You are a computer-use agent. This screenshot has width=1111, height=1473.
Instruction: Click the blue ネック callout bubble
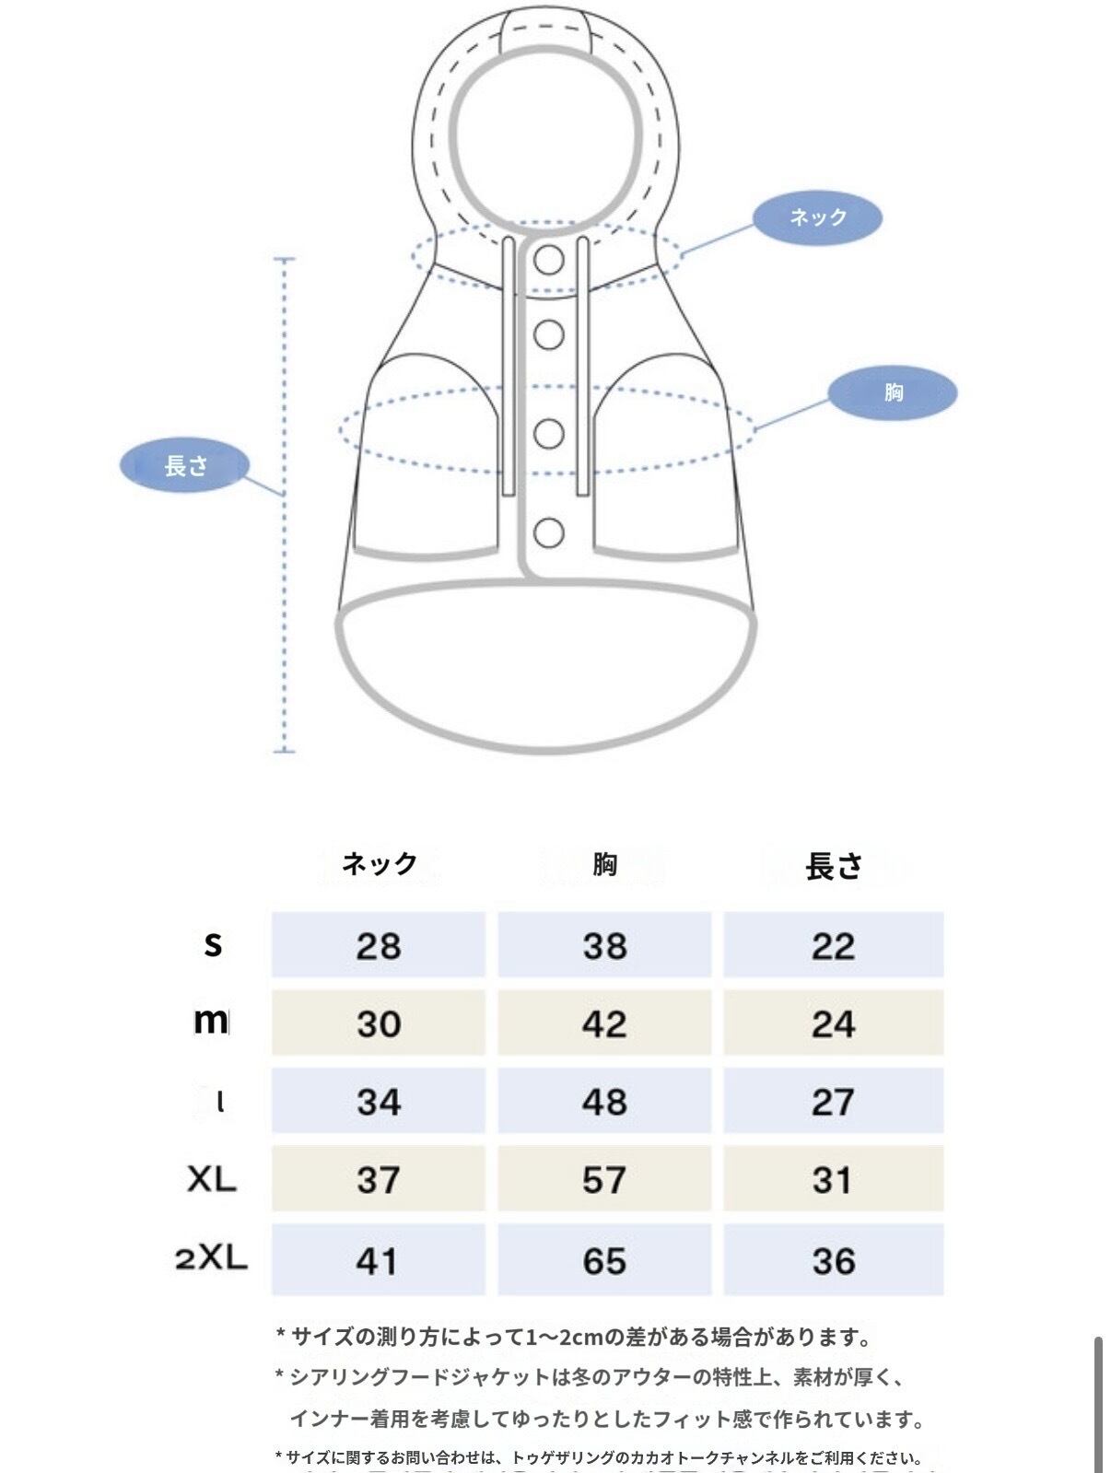point(817,217)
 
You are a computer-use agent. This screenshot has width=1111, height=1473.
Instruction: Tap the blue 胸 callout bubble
point(892,392)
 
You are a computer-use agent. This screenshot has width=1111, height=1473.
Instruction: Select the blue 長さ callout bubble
point(185,465)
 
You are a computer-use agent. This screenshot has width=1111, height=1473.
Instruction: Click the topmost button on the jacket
point(549,260)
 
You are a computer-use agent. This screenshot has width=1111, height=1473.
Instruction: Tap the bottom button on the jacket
point(549,532)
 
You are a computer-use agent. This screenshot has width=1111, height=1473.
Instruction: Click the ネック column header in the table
point(379,864)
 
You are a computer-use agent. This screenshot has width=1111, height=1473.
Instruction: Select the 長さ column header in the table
point(834,866)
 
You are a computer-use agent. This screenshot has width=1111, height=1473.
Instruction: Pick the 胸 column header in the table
point(604,864)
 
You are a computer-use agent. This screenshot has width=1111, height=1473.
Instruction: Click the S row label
point(213,943)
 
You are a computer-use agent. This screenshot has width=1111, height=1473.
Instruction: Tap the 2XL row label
point(212,1258)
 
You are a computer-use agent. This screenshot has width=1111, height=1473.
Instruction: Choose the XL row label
point(212,1179)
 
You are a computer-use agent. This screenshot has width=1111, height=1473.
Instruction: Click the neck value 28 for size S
point(379,945)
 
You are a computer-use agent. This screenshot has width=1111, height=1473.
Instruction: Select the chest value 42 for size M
point(604,1023)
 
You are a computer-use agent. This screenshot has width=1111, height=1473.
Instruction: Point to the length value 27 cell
point(833,1102)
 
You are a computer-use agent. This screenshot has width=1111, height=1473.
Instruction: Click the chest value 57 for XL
point(604,1179)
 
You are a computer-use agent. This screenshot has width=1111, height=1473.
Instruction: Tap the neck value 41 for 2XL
point(379,1260)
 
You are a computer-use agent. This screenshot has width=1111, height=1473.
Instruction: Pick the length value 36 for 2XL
point(833,1260)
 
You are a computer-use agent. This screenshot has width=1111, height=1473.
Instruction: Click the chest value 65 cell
point(604,1260)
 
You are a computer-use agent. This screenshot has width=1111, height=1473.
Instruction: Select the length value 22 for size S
point(833,945)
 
